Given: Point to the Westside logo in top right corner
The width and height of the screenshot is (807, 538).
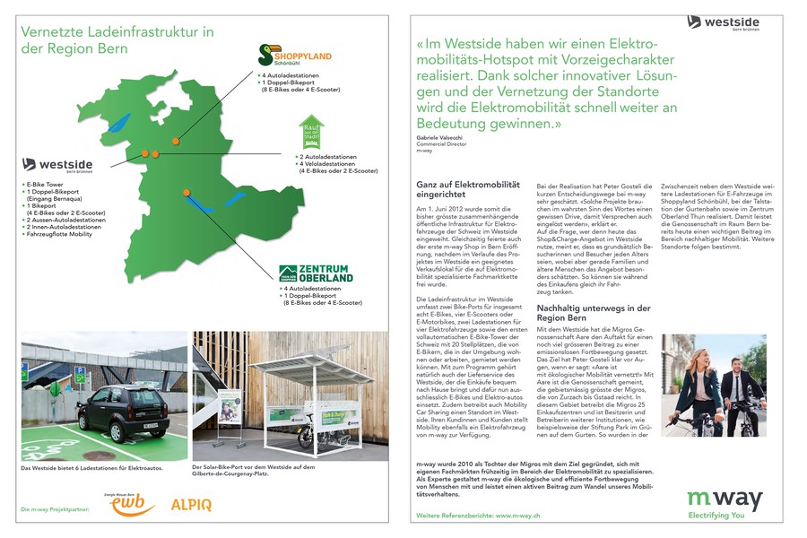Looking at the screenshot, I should coord(725,22).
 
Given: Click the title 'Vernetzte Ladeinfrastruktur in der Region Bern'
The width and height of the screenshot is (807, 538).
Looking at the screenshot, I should coord(117,39).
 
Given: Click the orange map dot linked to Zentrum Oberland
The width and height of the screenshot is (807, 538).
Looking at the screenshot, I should coord(186,193).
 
